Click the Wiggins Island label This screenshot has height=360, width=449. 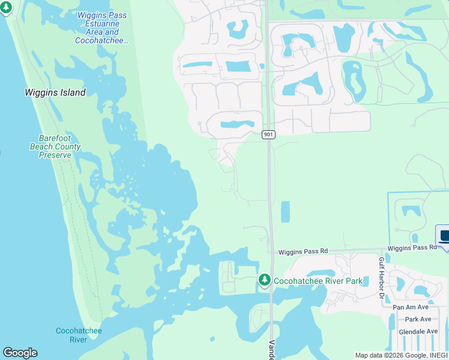point(55,92)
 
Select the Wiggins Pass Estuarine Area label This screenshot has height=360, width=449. point(102,27)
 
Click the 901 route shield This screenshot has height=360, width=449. point(268,134)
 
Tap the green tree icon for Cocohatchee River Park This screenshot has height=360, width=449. point(264,280)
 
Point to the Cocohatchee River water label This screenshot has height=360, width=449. point(79,335)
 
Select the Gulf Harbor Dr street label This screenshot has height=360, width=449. point(381,277)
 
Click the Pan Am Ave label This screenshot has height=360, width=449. point(411,307)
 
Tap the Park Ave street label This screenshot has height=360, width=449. point(418,319)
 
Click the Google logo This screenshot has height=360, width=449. point(20,353)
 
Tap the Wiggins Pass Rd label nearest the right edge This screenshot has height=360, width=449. point(412,248)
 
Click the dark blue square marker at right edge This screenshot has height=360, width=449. point(443,235)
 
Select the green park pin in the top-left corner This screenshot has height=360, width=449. point(7,8)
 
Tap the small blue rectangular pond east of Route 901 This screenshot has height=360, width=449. point(285,211)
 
